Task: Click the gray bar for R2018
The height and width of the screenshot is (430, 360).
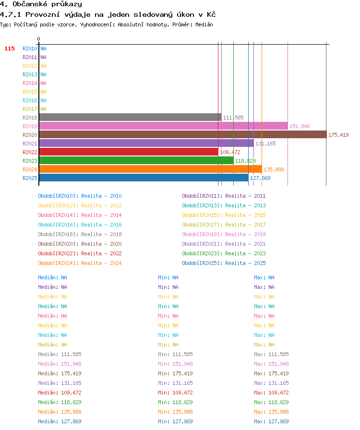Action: point(131,118)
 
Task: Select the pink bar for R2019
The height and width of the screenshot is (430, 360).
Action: point(164,126)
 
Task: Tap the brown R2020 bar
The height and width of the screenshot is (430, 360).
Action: point(183,135)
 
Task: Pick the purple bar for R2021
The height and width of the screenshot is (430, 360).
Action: point(146,143)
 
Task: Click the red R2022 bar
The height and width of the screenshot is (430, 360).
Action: point(129,152)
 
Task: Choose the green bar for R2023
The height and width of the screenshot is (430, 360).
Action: point(136,160)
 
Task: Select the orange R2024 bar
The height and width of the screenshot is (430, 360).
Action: point(151,169)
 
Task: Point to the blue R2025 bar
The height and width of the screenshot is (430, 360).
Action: point(144,178)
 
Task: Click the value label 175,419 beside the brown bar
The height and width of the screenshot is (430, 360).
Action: point(338,135)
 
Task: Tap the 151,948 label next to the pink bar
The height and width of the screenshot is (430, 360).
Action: point(300,126)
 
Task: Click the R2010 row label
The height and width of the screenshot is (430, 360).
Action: point(30,48)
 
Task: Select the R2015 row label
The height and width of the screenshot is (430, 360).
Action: point(30,92)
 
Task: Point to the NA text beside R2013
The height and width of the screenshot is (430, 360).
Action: point(43,74)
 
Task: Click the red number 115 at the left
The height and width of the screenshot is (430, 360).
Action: point(9,48)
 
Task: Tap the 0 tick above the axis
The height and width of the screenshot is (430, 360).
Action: point(39,39)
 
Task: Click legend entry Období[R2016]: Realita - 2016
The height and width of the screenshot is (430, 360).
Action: point(80,225)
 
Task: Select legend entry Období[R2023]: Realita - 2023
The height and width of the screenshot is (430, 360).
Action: point(224,253)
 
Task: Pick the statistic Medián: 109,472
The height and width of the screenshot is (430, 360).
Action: point(60,393)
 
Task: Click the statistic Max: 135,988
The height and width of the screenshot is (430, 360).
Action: point(271,412)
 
